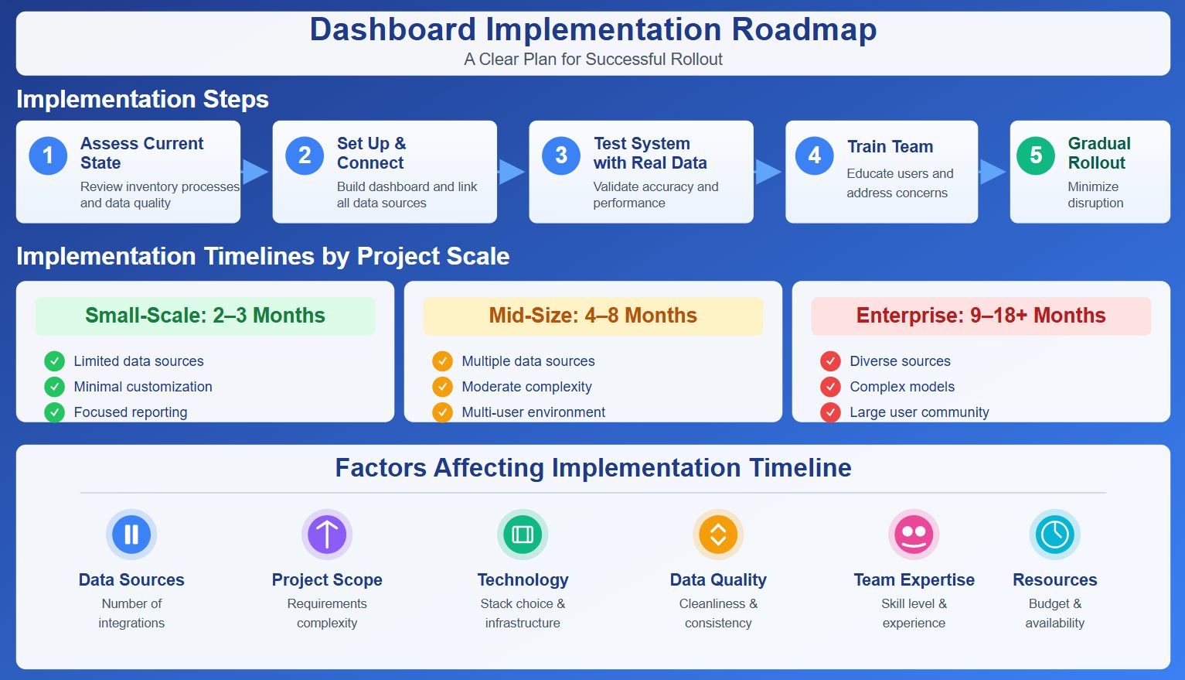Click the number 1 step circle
pyautogui.click(x=48, y=155)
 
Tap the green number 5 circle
pyautogui.click(x=1035, y=155)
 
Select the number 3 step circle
pyautogui.click(x=561, y=155)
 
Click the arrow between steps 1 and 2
pyautogui.click(x=255, y=172)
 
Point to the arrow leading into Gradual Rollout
pyautogui.click(x=993, y=172)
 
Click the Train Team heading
pyautogui.click(x=890, y=147)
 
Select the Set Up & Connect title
pyautogui.click(x=371, y=153)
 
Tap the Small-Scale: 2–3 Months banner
pyautogui.click(x=205, y=316)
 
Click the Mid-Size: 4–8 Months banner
pyautogui.click(x=593, y=316)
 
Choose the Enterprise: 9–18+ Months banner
pyautogui.click(x=980, y=316)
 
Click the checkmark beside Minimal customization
pyautogui.click(x=54, y=387)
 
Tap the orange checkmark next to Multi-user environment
pyautogui.click(x=442, y=412)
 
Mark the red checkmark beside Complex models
pyautogui.click(x=830, y=387)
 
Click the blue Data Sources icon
pyautogui.click(x=131, y=535)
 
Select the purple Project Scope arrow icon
pyautogui.click(x=327, y=535)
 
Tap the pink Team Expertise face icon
pyautogui.click(x=914, y=535)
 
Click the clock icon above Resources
pyautogui.click(x=1054, y=535)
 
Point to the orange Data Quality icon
pyautogui.click(x=718, y=535)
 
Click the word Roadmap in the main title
pyautogui.click(x=804, y=29)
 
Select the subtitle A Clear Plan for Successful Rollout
pyautogui.click(x=593, y=60)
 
